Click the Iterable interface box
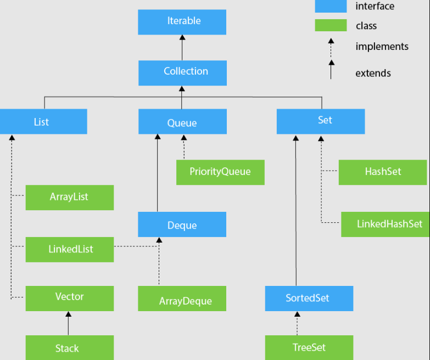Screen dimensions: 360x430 [x=182, y=22]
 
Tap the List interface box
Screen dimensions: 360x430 [x=43, y=121]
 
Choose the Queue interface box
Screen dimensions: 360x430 [x=182, y=121]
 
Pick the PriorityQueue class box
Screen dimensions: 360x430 [x=220, y=172]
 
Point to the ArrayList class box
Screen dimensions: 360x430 [x=70, y=197]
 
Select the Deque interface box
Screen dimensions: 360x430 [x=182, y=225]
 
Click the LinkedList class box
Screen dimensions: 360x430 [x=70, y=249]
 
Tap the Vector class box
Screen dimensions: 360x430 [x=70, y=297]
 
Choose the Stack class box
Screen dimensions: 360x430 [x=70, y=347]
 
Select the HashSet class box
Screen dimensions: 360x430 [x=383, y=172]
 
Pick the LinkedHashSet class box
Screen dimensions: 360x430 [x=386, y=224]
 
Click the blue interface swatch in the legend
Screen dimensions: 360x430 [x=331, y=7]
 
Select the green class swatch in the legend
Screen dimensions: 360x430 [x=331, y=25]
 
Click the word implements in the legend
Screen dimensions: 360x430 [x=382, y=47]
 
